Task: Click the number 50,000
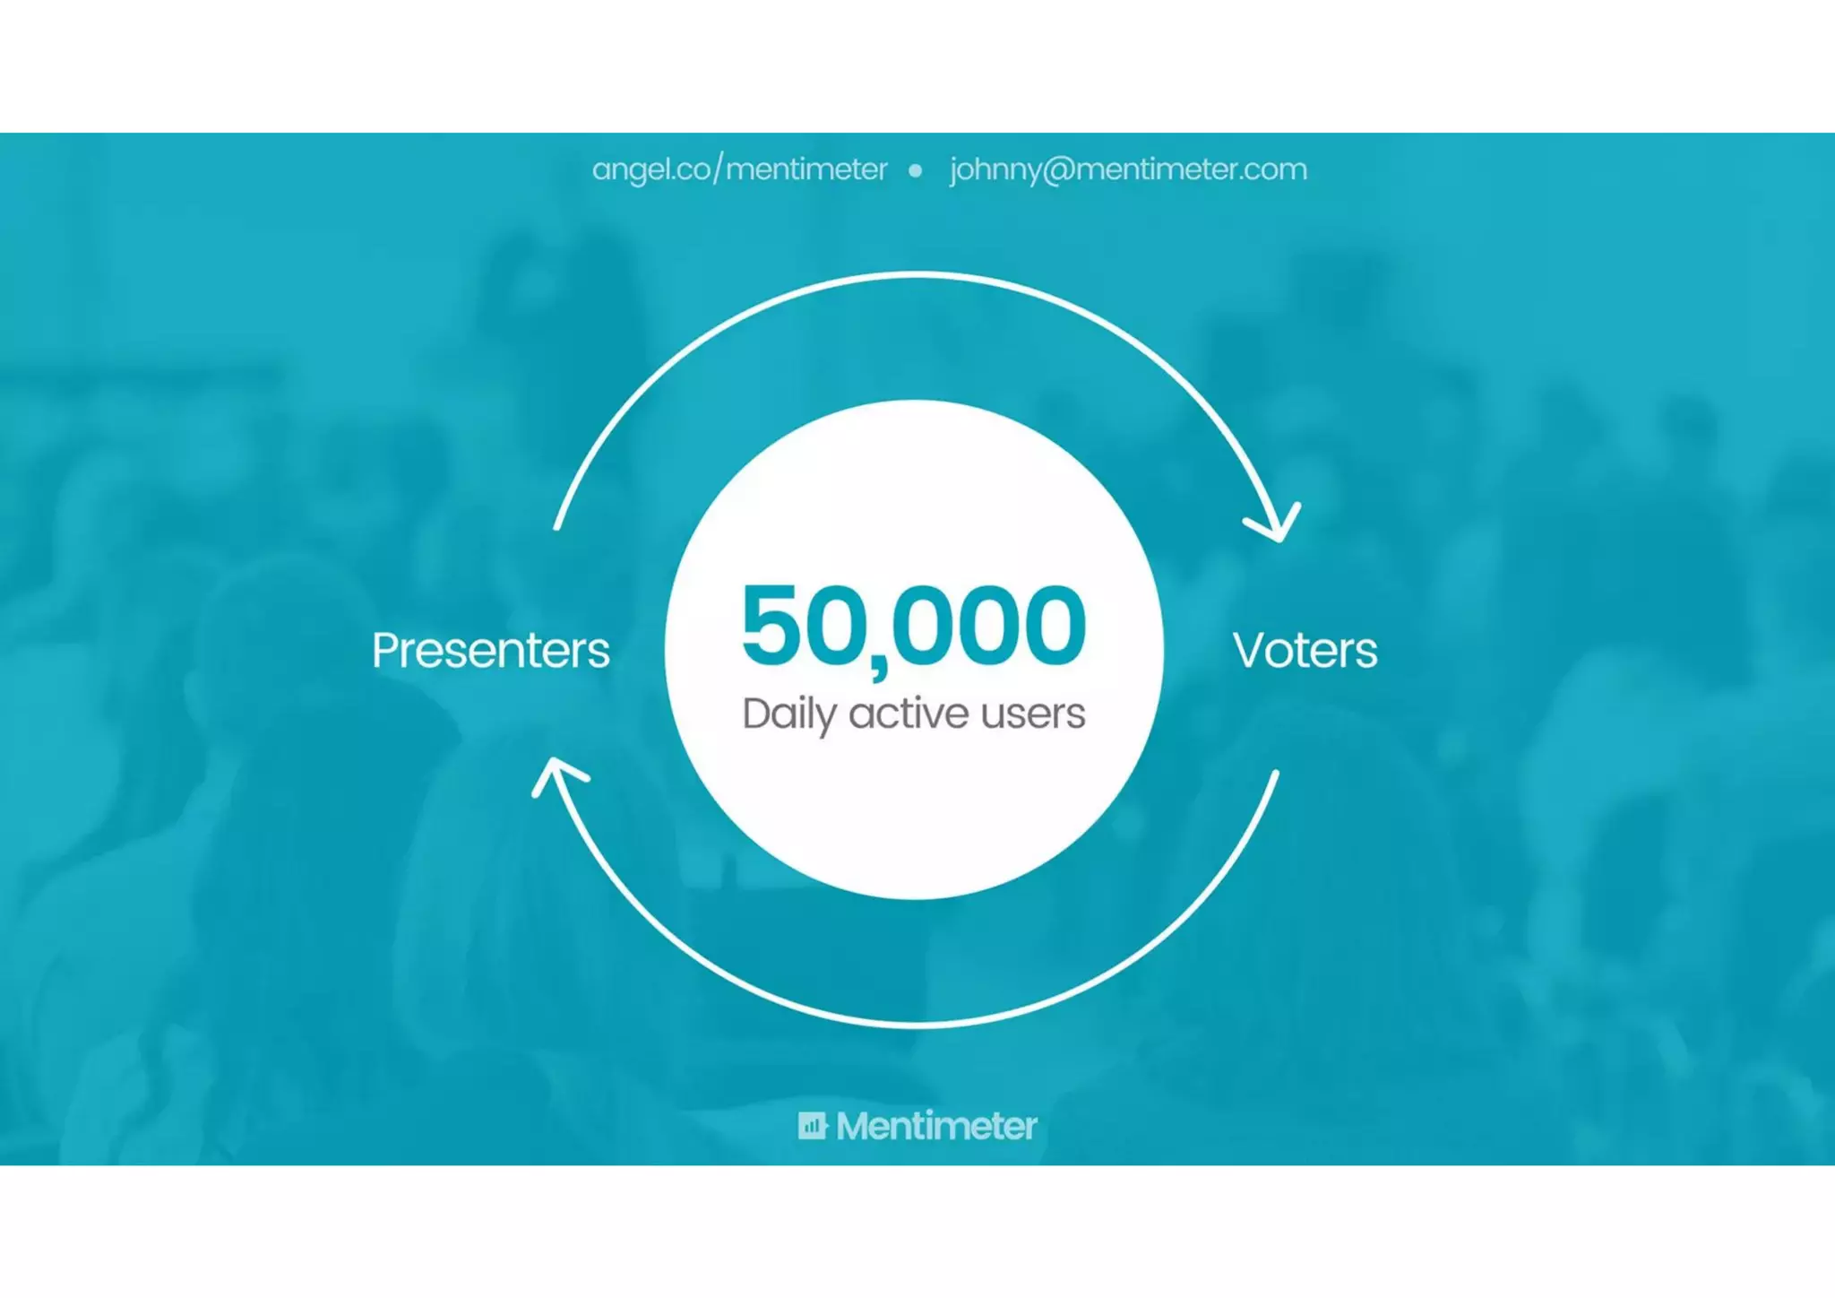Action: (x=914, y=626)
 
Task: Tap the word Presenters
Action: (x=490, y=651)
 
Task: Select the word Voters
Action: (x=1305, y=651)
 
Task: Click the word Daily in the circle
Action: (x=788, y=714)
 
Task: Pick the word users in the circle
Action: (x=1032, y=714)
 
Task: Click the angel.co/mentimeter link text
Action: (x=739, y=169)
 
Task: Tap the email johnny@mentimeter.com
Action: (x=1128, y=169)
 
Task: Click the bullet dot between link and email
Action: (x=915, y=170)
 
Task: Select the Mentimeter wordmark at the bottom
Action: (x=936, y=1126)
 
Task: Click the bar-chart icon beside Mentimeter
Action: (x=812, y=1125)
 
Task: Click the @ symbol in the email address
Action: (x=1058, y=169)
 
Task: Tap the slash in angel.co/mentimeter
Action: (x=718, y=169)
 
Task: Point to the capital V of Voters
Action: (x=1251, y=650)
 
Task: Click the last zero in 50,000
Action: (x=1050, y=625)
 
